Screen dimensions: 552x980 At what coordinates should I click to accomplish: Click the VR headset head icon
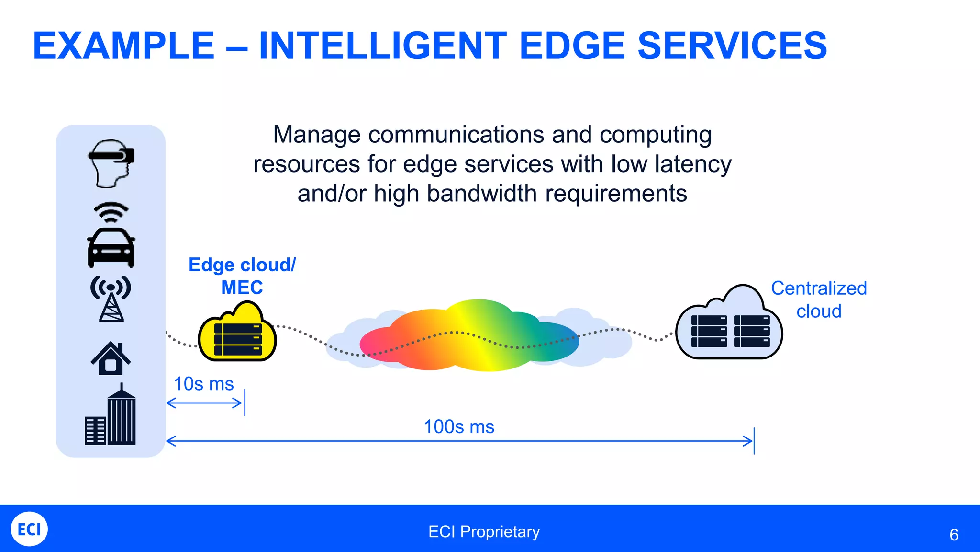pos(111,163)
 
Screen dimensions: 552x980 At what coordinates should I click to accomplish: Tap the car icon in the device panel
pos(111,248)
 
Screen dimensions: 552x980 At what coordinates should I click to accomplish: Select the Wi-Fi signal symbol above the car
pos(111,212)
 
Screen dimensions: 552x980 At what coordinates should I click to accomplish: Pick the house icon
pos(111,358)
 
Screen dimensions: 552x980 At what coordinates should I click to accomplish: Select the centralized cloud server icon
pos(729,326)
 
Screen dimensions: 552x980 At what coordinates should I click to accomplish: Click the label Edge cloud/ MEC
pos(242,276)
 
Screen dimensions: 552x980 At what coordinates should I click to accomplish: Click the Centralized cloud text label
pos(819,299)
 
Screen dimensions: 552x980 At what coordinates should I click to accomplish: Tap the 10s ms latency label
pos(203,384)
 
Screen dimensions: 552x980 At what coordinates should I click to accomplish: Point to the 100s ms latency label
pos(459,426)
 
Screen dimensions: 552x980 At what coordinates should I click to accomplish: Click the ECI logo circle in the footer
pos(29,529)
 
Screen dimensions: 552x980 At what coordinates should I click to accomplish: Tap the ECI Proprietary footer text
pos(484,531)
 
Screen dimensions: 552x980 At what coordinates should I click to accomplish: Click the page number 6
pos(954,535)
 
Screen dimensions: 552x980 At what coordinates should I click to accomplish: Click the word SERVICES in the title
pos(732,46)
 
